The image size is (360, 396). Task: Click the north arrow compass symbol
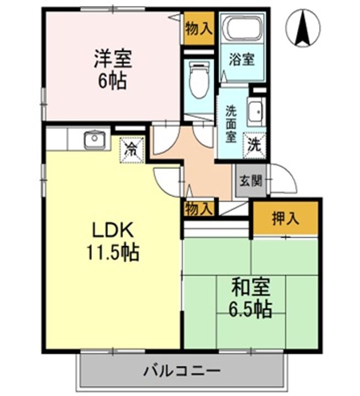pos(303,28)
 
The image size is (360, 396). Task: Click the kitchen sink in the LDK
pos(95,140)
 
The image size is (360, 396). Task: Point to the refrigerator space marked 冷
pos(132,150)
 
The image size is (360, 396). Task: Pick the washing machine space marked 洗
pos(254,146)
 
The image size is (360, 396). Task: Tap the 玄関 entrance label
pos(251,180)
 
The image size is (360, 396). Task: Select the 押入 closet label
pos(286,218)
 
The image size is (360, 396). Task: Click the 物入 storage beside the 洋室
pos(199,28)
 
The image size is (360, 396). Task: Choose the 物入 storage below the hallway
pos(198,208)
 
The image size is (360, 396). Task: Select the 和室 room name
pos(251,287)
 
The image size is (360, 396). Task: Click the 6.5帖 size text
pos(250,309)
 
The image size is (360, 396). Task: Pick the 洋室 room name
pos(113,59)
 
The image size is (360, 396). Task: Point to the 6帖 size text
pos(112,81)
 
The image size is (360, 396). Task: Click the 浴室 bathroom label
pos(242,59)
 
